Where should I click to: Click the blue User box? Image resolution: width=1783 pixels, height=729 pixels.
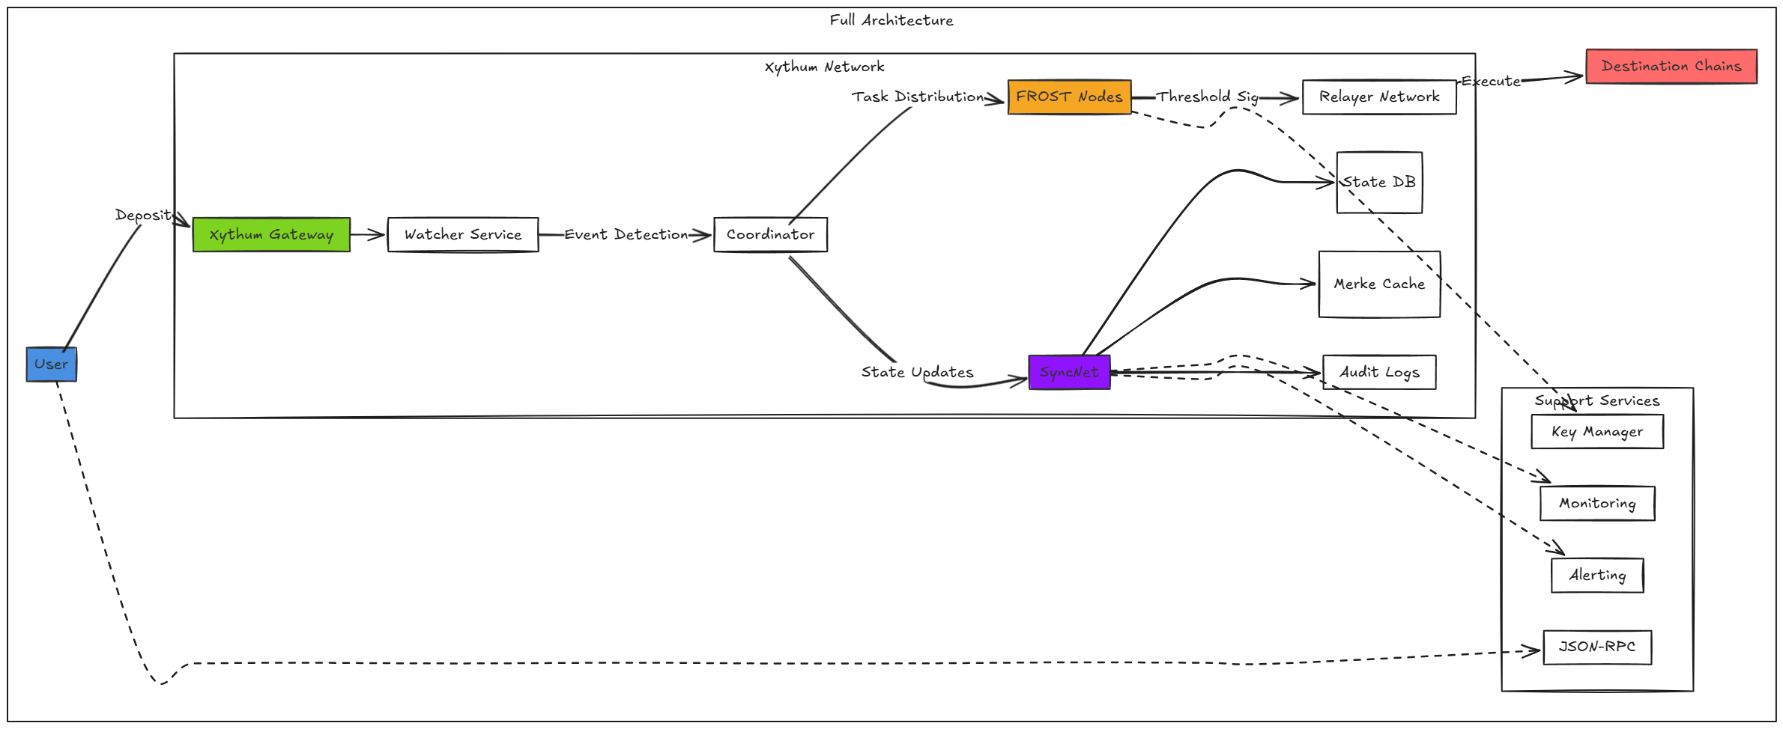[x=51, y=364]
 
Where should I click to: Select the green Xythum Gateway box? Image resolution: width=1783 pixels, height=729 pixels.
[x=271, y=235]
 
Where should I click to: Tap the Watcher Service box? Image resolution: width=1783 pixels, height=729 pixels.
[x=463, y=235]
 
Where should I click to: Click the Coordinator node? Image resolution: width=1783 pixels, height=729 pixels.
[x=770, y=235]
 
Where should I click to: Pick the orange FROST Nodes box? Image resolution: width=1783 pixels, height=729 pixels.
[x=1069, y=97]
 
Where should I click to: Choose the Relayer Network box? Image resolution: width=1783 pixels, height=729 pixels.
[x=1379, y=97]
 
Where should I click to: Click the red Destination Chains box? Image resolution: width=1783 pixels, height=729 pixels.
[x=1671, y=67]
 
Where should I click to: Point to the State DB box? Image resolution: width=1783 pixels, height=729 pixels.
[x=1379, y=183]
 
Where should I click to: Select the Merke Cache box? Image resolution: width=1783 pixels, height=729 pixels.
[x=1379, y=284]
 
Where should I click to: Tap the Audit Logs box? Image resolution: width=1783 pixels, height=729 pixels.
[x=1379, y=373]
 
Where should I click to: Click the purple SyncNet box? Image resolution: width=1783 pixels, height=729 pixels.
[x=1069, y=373]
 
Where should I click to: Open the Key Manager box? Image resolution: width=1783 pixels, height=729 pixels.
[x=1597, y=432]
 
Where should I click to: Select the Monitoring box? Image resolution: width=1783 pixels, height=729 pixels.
[x=1597, y=504]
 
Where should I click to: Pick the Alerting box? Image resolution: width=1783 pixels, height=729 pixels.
[x=1597, y=576]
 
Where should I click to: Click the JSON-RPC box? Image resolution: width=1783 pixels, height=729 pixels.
[x=1597, y=647]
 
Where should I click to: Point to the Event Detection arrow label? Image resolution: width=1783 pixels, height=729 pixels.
[x=626, y=235]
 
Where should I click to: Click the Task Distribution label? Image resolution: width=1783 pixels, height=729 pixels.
[x=918, y=97]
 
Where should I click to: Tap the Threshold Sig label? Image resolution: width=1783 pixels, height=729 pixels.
[x=1207, y=97]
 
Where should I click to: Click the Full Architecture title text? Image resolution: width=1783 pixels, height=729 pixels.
[x=891, y=21]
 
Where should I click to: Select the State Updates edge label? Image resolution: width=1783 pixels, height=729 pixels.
[x=917, y=373]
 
